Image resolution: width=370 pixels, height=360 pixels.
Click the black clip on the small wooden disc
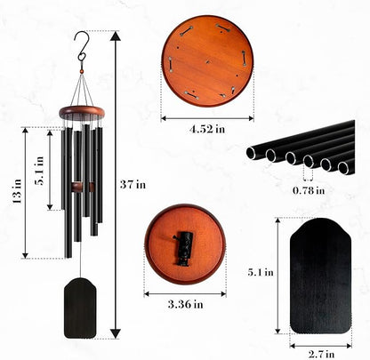[x=186, y=244]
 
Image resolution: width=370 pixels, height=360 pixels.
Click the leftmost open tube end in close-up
[x=253, y=153]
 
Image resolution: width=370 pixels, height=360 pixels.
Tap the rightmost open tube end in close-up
[x=343, y=167]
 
